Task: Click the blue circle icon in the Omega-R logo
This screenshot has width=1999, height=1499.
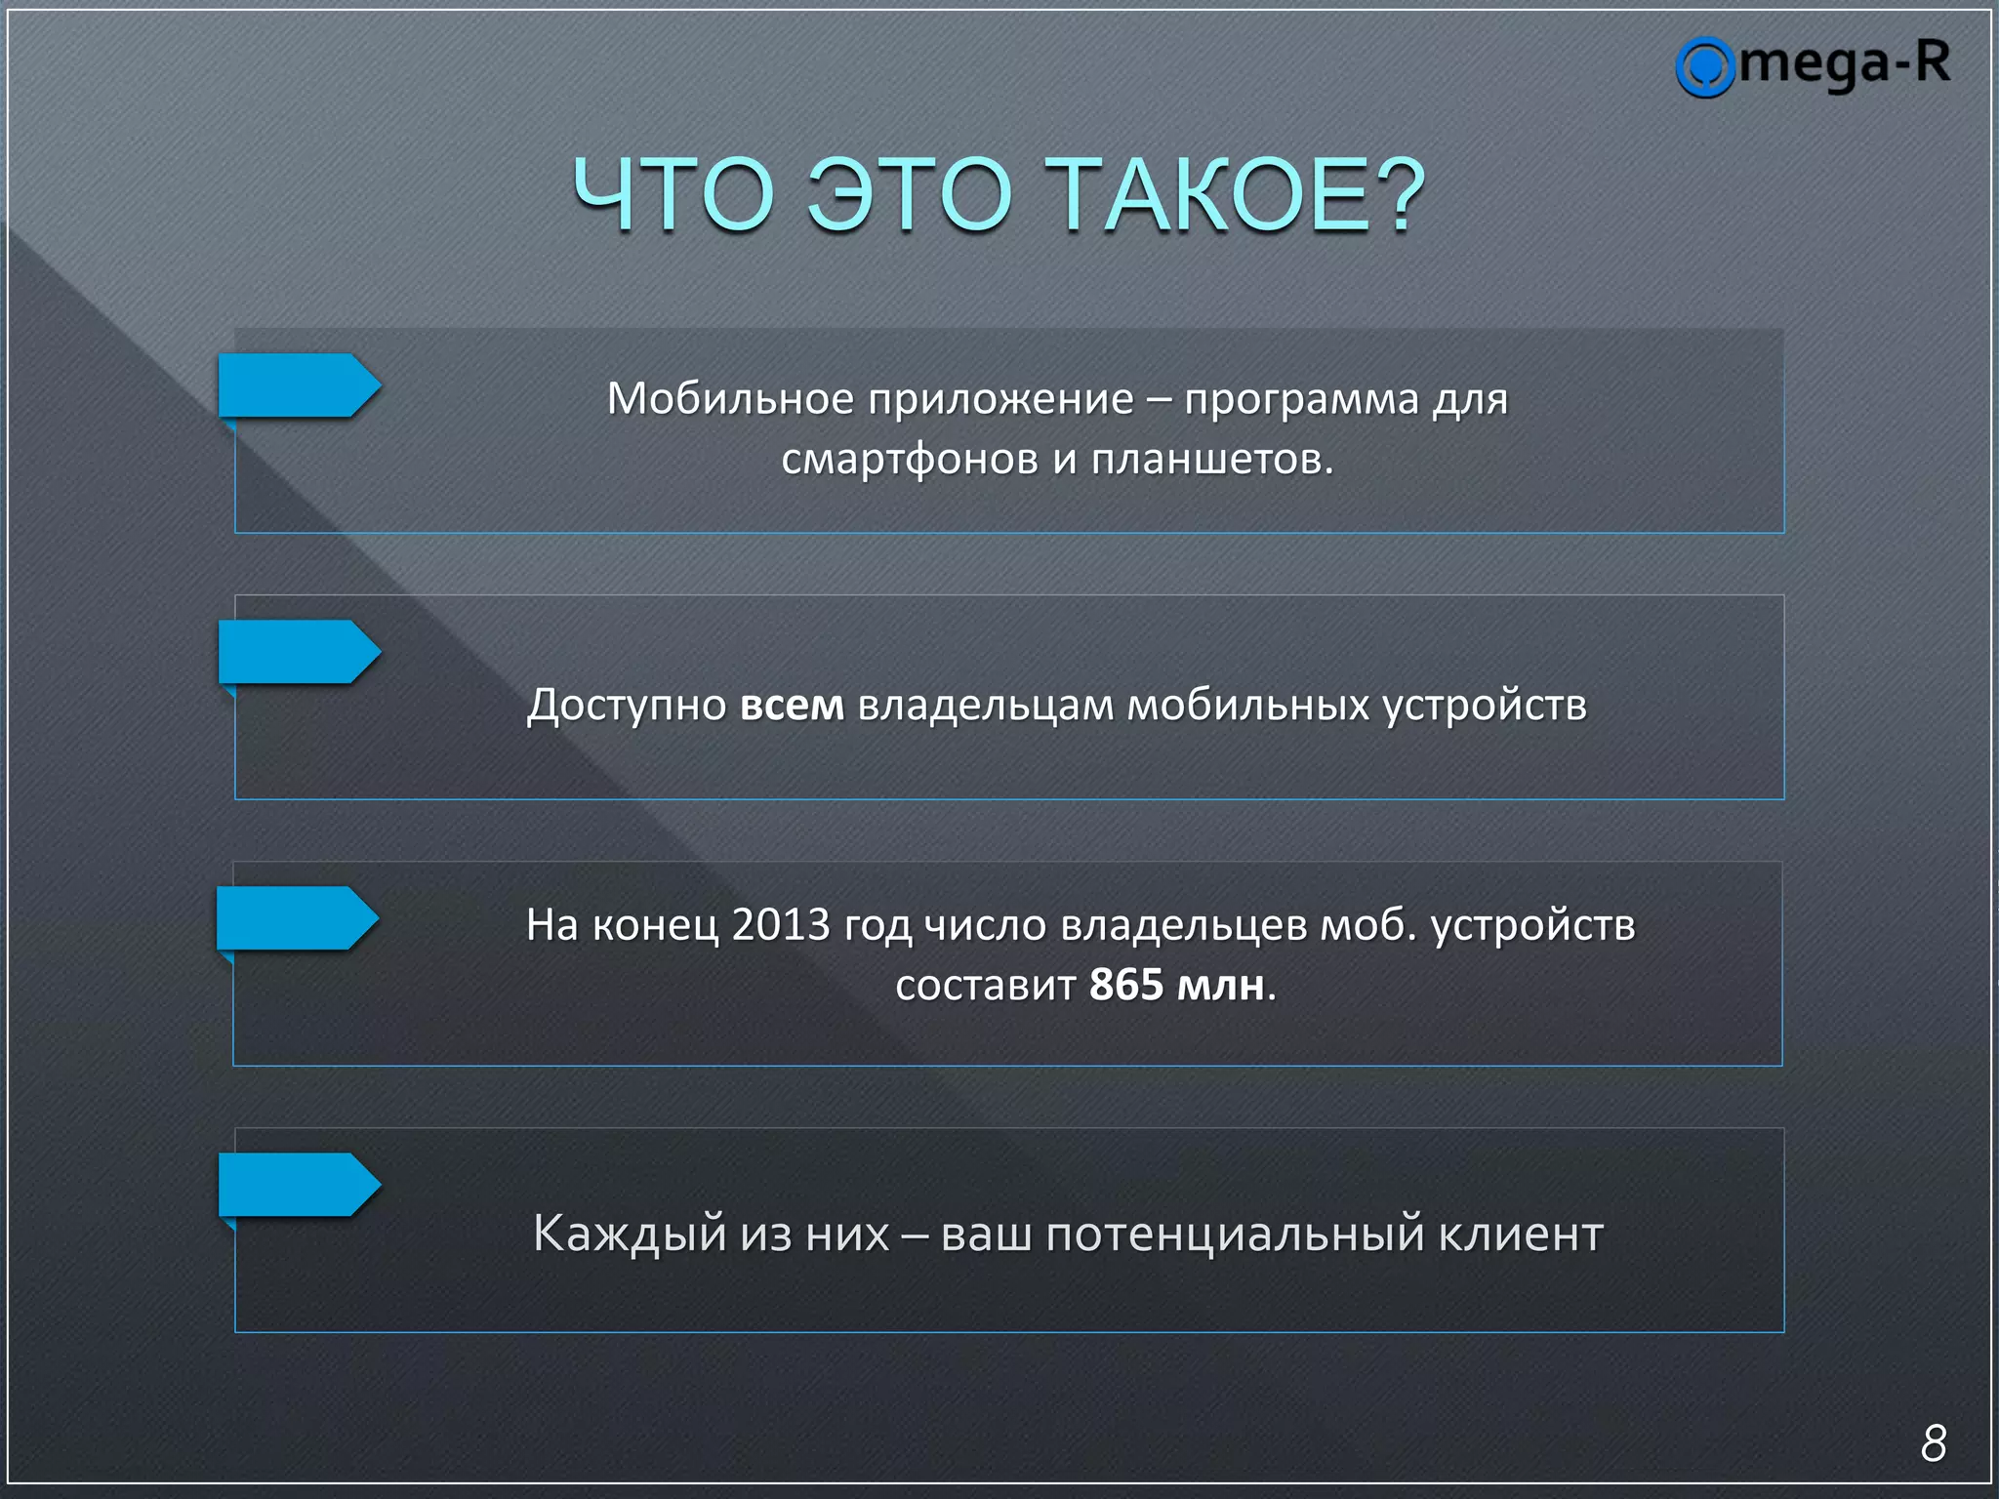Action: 1704,67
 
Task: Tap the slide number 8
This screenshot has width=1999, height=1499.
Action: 1933,1442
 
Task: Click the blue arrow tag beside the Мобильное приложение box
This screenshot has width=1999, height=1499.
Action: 297,385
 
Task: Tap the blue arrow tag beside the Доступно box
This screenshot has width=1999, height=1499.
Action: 297,652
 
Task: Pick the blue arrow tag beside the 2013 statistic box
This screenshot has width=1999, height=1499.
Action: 295,918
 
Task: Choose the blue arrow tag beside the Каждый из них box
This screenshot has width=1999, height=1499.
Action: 297,1185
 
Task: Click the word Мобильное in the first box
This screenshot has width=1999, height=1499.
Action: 730,398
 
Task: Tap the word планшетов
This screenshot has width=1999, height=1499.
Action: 1211,459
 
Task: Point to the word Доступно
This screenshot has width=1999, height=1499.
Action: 627,705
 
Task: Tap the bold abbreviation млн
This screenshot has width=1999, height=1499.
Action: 1221,985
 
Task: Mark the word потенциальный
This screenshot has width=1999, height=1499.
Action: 1236,1234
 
